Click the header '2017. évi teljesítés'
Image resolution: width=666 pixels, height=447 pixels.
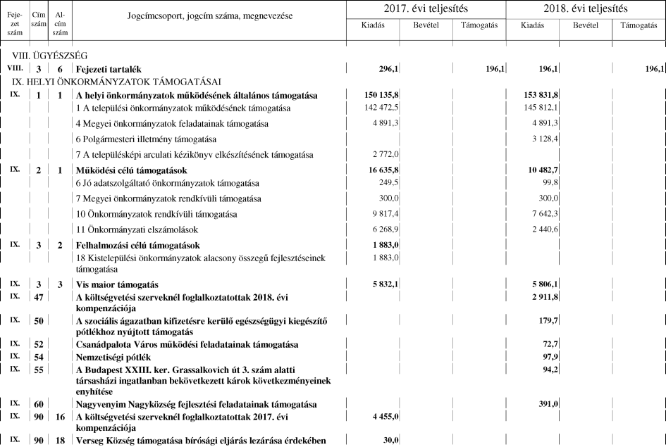coord(426,9)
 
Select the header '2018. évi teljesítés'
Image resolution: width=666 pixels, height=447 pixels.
coord(586,9)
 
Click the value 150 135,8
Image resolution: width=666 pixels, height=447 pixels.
coord(379,95)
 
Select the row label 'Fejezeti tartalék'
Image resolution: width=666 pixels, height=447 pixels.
coord(109,69)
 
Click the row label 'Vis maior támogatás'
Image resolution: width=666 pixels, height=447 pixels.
coord(116,284)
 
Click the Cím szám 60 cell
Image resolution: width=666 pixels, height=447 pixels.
coord(39,405)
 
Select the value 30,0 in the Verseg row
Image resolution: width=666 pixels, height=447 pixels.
coord(390,441)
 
